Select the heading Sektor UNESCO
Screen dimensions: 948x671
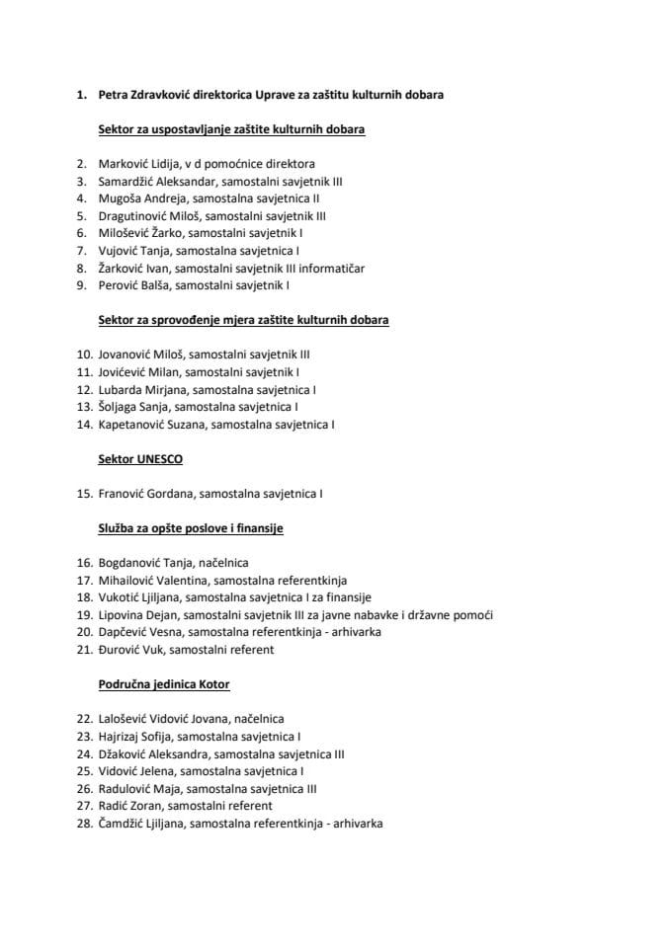(x=140, y=459)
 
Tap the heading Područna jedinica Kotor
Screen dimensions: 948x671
(x=164, y=683)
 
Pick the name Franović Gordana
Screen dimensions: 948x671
(x=140, y=493)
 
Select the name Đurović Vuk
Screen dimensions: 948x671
(x=130, y=650)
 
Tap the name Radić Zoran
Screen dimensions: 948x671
(x=130, y=805)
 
